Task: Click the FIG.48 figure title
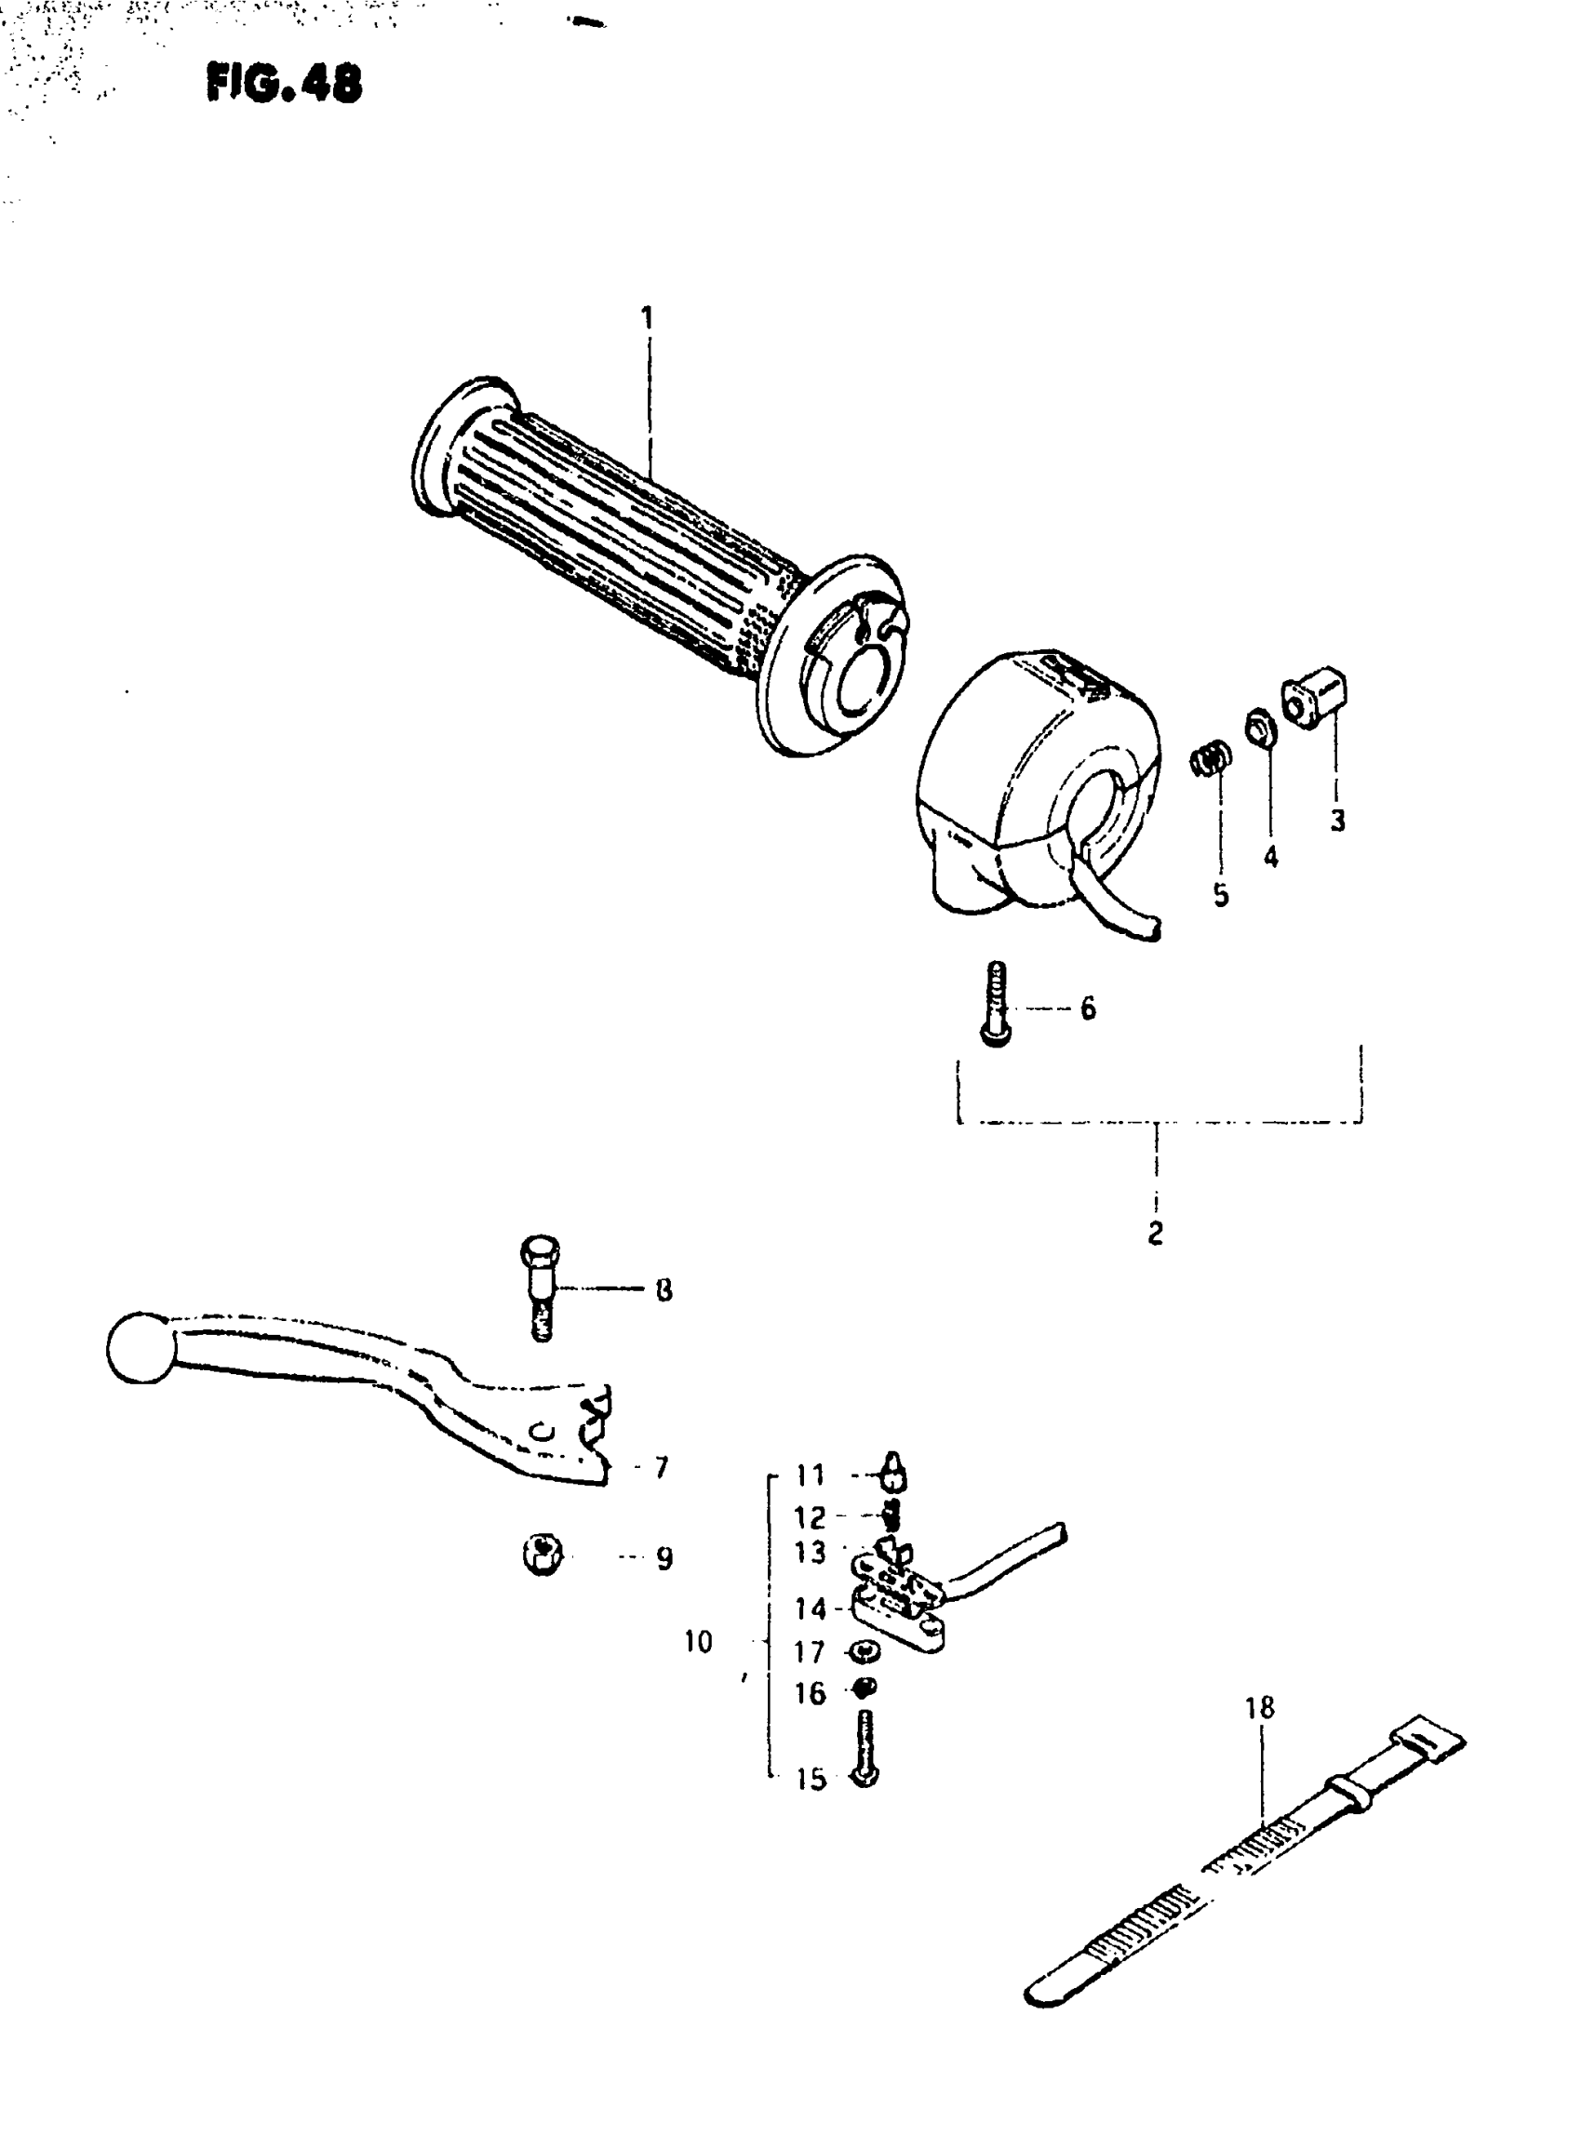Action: tap(284, 84)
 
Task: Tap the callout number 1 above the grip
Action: tap(648, 317)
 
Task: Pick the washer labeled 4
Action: tap(1258, 727)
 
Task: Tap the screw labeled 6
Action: tap(996, 1005)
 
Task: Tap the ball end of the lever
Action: tap(141, 1348)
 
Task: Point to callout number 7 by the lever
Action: tap(661, 1467)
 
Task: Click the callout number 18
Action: tap(1260, 1708)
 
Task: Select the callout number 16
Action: tap(811, 1694)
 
